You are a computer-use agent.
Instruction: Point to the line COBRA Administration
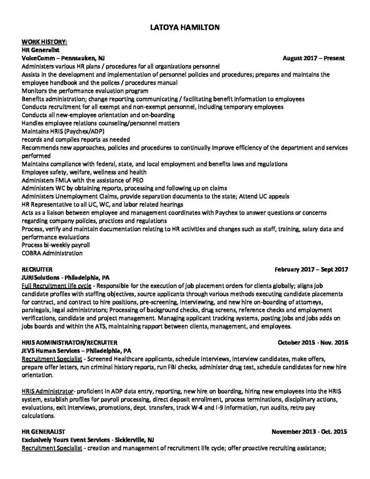(52, 254)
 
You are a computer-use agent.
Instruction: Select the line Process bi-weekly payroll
(56, 245)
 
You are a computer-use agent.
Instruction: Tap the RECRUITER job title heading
(36, 270)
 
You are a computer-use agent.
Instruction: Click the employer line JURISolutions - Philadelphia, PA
(65, 278)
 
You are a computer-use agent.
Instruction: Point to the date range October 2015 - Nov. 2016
(313, 343)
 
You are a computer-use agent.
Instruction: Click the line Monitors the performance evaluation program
(85, 91)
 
